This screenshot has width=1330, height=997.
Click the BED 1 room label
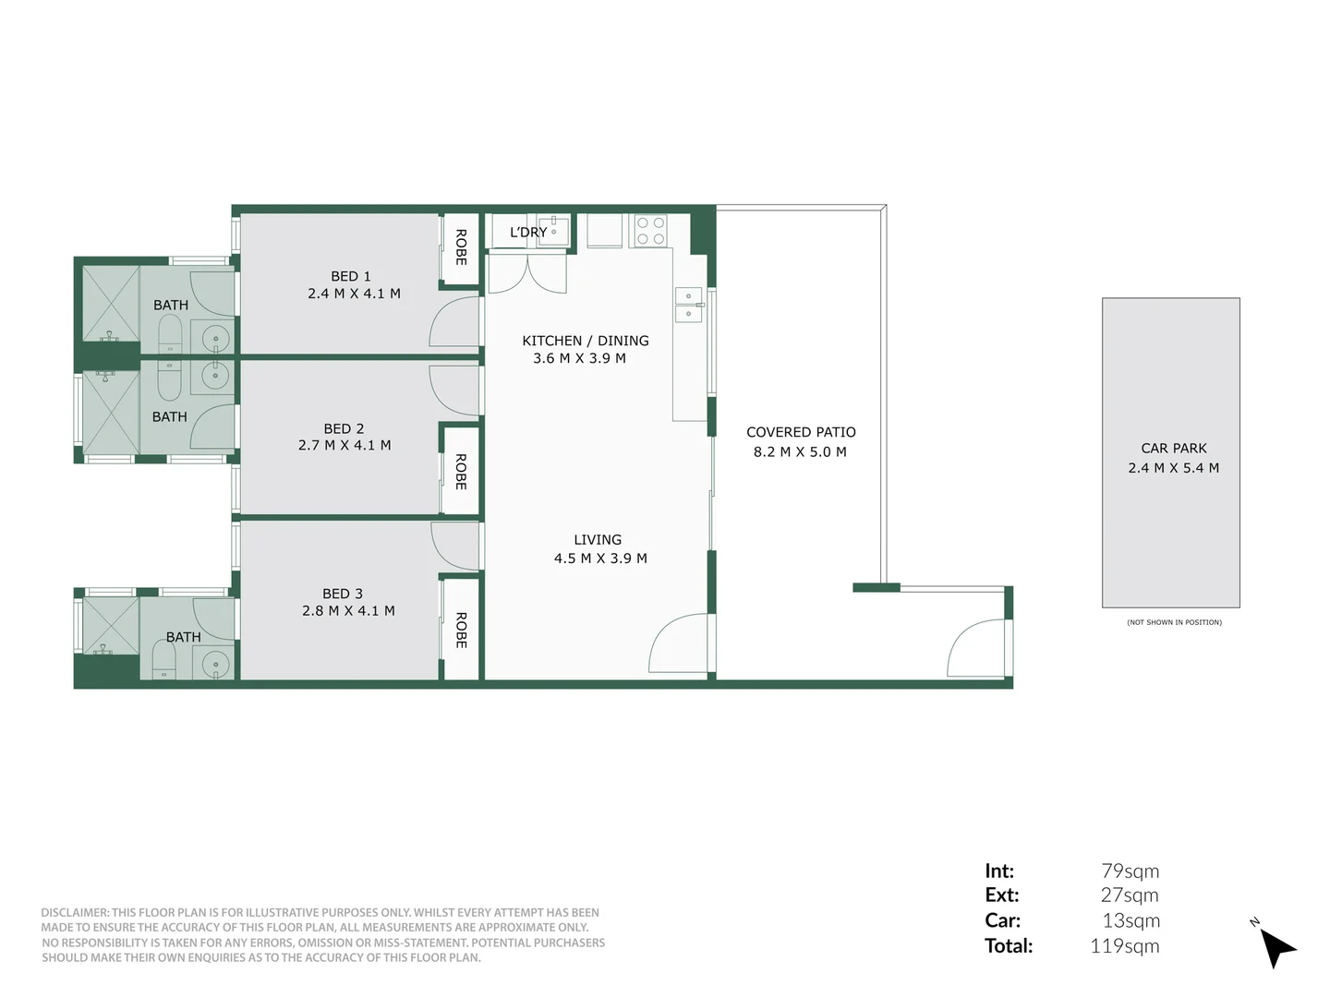coord(351,276)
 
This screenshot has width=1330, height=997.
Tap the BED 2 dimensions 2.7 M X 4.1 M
coord(345,445)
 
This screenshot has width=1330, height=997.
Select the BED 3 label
coord(343,594)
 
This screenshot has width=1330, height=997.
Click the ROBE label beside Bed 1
coord(461,247)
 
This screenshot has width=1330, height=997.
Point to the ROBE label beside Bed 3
coord(461,630)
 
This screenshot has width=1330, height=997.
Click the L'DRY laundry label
coord(527,232)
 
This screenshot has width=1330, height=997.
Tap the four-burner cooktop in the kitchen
coord(650,231)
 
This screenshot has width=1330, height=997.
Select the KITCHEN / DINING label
coord(586,341)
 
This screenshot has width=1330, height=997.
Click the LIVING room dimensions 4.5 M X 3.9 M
coord(600,559)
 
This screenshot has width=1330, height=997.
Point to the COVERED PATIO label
coord(801,432)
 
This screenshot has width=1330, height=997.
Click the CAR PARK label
coord(1174,448)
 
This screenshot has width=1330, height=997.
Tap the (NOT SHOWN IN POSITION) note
coord(1174,622)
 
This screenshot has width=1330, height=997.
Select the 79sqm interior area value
coord(1130,871)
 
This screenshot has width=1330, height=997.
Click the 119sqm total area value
coord(1124,945)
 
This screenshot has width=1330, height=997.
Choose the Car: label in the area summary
coord(1002,920)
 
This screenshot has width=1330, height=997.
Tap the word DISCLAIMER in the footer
coord(74,912)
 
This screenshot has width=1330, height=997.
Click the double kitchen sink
coord(688,306)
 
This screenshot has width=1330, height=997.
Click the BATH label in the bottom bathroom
coord(183,637)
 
